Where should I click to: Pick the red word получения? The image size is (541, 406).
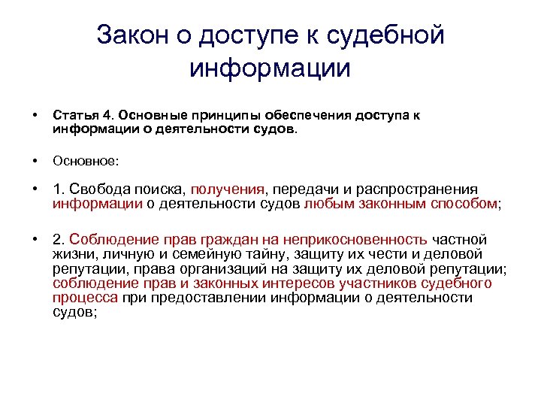point(231,189)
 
